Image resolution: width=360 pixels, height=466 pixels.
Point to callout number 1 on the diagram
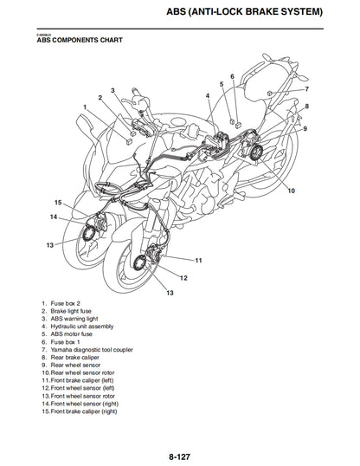85,107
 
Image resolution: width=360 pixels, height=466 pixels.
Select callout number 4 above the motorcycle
208,94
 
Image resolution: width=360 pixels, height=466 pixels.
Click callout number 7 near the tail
306,89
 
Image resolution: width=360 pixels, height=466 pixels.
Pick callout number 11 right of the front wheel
198,260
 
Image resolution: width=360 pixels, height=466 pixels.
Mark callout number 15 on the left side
58,203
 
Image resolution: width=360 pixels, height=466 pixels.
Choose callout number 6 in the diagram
232,76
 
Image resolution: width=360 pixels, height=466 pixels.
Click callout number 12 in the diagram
183,278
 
